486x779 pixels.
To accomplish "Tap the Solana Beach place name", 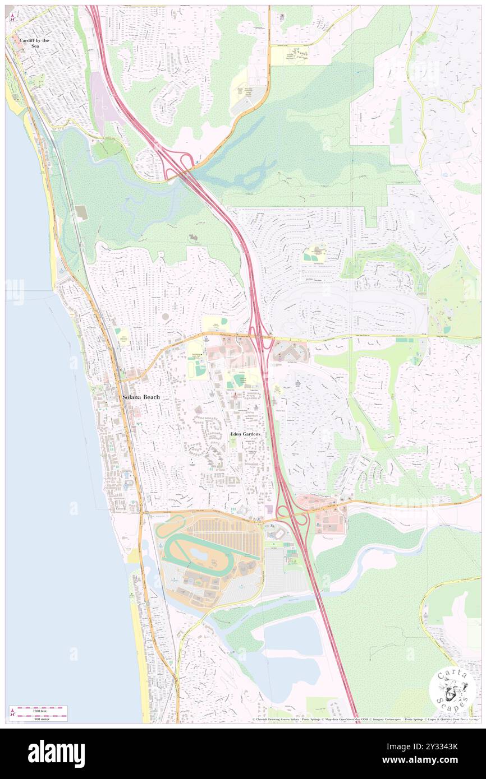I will point(141,397).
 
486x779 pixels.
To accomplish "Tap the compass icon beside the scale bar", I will point(12,713).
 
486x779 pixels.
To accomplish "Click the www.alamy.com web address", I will point(438,760).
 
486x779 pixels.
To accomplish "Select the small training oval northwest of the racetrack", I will point(169,527).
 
